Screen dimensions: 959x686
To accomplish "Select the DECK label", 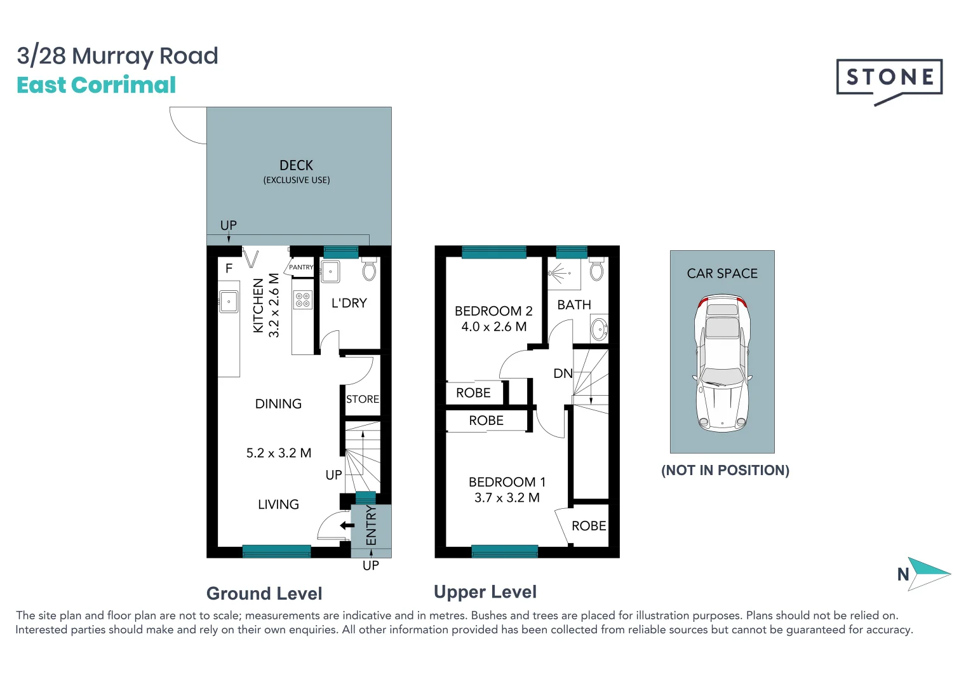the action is click(296, 165).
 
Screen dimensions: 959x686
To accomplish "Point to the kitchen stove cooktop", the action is click(303, 300).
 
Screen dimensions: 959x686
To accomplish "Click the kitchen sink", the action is click(229, 302).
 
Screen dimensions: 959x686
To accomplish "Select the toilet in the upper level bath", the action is click(596, 269).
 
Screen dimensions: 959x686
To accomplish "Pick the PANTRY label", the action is click(302, 267).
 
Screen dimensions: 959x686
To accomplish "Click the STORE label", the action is click(363, 399).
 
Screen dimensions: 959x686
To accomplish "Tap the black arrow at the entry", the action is click(347, 525).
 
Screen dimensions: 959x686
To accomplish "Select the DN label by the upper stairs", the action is click(563, 373).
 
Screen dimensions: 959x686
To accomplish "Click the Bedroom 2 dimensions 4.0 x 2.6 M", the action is click(493, 326).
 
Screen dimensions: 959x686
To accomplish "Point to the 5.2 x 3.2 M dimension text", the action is click(279, 453).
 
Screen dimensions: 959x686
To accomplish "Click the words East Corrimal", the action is click(97, 84).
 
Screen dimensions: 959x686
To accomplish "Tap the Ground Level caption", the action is click(264, 593).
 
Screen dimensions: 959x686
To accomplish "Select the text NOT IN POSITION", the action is click(725, 470).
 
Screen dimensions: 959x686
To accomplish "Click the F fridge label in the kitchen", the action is click(229, 269).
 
